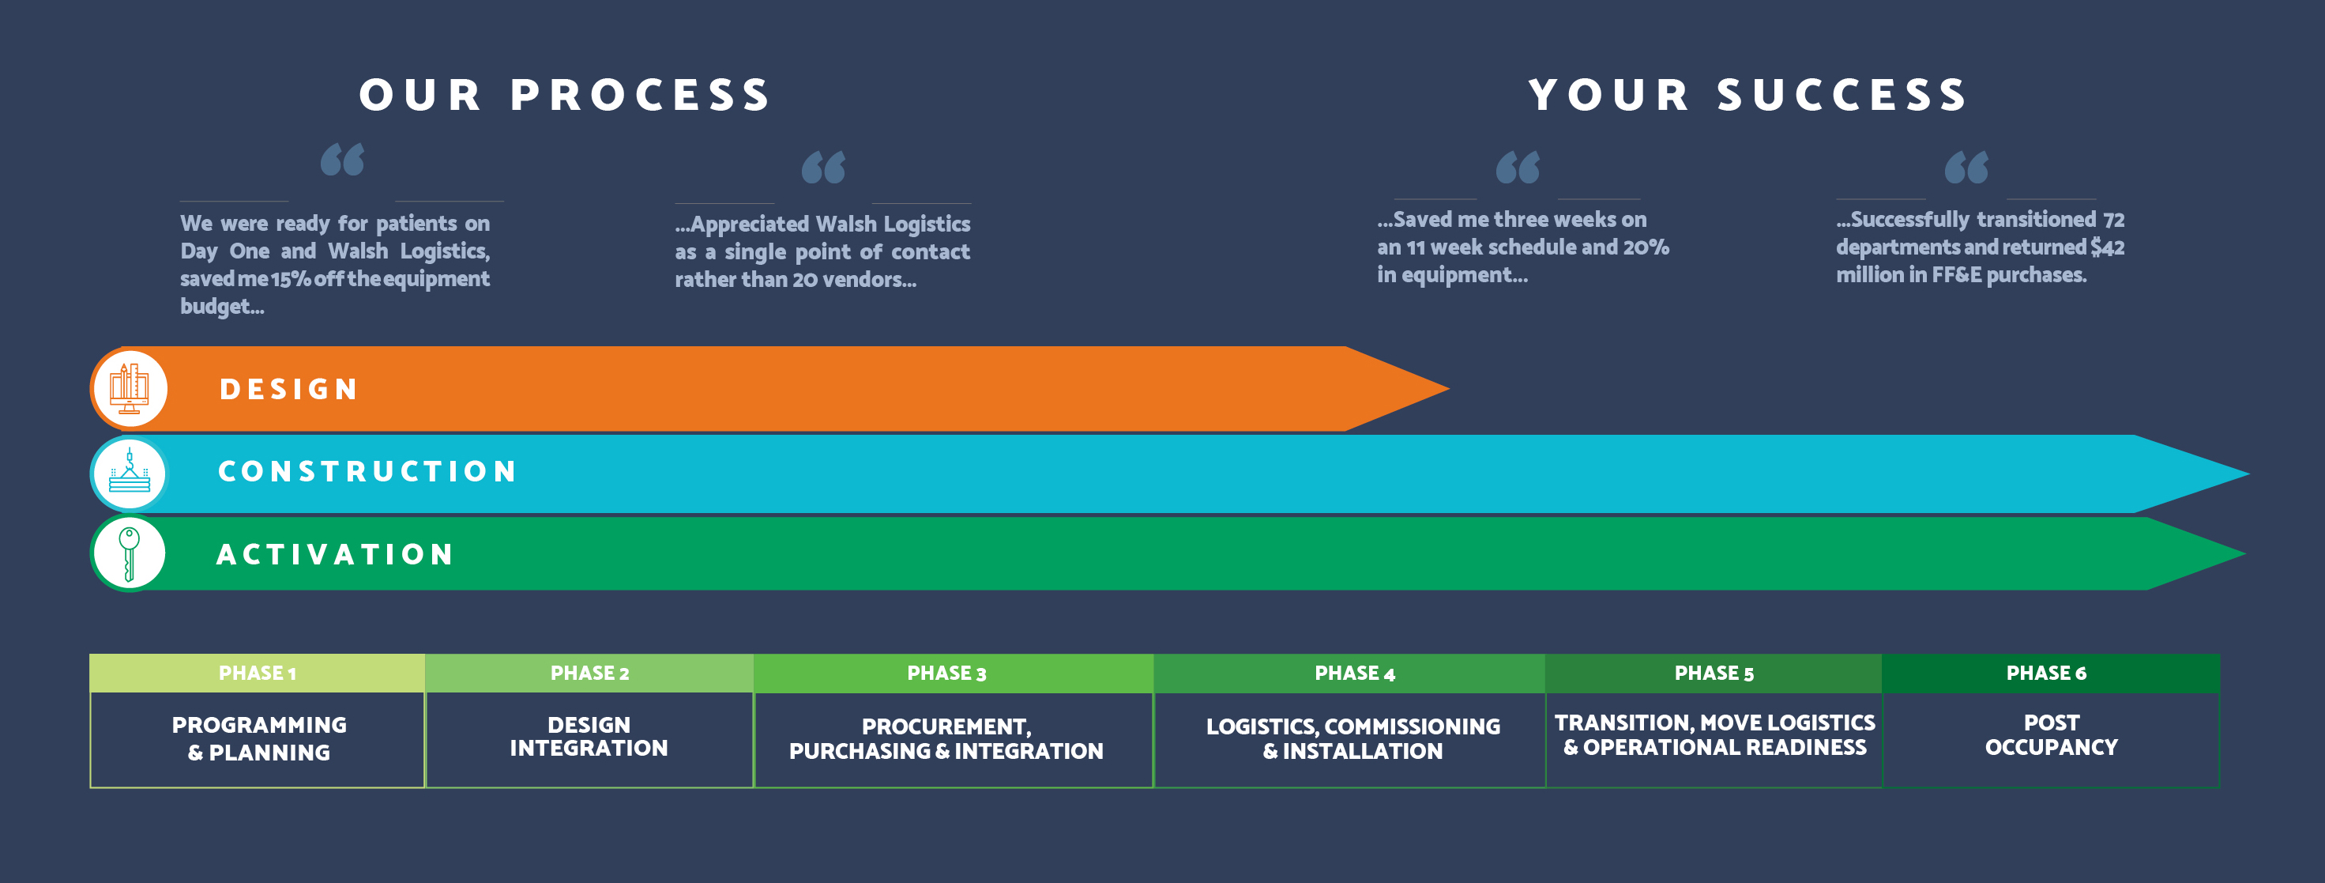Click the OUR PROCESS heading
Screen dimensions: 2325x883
(x=565, y=95)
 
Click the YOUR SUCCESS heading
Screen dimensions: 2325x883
(x=1748, y=95)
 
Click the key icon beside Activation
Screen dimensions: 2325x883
(x=129, y=553)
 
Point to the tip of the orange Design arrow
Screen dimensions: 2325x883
(x=1449, y=389)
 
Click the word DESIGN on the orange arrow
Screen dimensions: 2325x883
(x=289, y=389)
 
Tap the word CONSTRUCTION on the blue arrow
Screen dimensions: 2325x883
(x=367, y=471)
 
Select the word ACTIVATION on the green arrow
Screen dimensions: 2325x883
(x=335, y=554)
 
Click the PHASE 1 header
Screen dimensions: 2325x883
(x=258, y=673)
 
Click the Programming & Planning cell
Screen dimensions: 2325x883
(x=258, y=739)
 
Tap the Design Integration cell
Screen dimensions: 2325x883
(x=589, y=739)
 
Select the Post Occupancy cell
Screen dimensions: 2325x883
(x=2051, y=739)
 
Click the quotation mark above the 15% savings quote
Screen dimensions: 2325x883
(x=343, y=159)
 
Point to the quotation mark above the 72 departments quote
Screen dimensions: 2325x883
(x=1966, y=167)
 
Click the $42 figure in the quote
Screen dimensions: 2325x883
(x=2108, y=247)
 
